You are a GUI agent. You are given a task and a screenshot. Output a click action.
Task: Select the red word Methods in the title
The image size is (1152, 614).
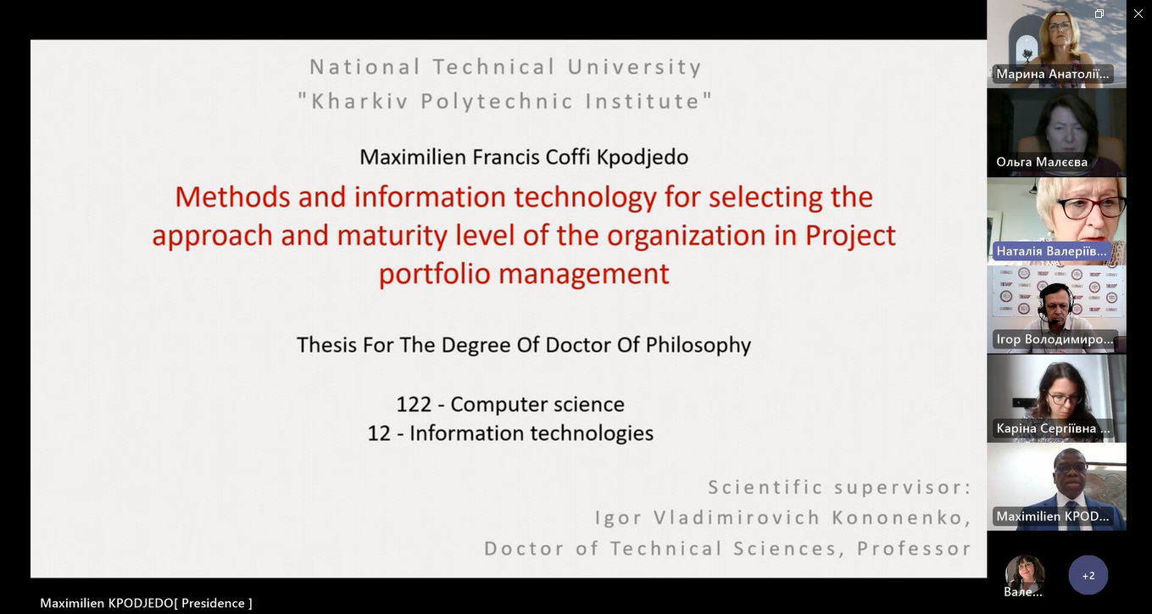click(232, 197)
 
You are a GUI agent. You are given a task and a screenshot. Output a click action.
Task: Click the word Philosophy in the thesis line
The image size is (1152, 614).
click(698, 345)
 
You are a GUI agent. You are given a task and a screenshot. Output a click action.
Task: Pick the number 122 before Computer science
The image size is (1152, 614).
click(414, 405)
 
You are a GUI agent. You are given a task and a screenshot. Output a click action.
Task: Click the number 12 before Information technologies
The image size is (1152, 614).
click(379, 433)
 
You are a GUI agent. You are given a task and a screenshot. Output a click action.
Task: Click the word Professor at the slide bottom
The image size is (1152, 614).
click(914, 549)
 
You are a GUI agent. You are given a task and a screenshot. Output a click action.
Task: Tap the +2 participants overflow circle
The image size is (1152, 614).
click(1088, 575)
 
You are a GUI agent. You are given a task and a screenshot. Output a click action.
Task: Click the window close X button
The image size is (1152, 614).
click(1138, 14)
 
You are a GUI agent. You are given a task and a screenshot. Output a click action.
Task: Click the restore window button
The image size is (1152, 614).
click(1099, 14)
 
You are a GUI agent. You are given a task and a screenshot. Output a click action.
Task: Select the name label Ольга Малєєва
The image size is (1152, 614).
click(1042, 162)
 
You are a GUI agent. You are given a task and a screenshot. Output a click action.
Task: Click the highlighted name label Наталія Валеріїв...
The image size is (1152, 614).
click(1052, 251)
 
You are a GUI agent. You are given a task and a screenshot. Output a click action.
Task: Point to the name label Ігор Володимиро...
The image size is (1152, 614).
click(1055, 340)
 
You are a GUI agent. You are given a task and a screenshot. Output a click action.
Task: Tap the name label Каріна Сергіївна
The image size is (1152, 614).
click(1054, 428)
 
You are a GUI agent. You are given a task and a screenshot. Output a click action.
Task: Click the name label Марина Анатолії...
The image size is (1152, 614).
click(1053, 74)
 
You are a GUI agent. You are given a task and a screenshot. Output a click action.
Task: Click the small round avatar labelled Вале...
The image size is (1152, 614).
click(1025, 573)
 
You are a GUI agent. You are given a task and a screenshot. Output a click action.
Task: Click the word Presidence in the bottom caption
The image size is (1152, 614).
click(213, 603)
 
